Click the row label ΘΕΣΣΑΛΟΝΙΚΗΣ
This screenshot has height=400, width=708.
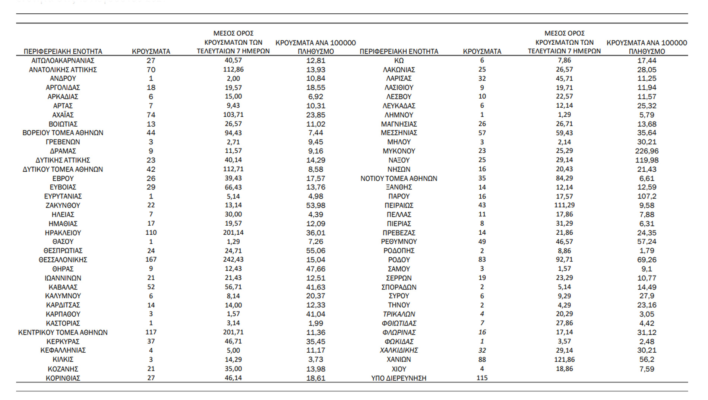[x=63, y=260]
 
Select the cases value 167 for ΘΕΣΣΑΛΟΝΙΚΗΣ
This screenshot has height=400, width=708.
[x=151, y=259]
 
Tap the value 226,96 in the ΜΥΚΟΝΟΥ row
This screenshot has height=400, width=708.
[x=647, y=151]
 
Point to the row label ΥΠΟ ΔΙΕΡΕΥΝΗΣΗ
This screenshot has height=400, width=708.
[x=399, y=378]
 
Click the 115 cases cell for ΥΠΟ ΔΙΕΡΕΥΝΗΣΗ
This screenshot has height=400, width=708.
[x=482, y=378]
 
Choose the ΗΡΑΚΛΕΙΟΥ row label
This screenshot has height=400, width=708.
[x=63, y=233]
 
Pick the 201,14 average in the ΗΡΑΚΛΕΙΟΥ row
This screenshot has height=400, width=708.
[x=233, y=232]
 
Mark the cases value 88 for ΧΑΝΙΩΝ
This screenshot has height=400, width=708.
[x=482, y=359]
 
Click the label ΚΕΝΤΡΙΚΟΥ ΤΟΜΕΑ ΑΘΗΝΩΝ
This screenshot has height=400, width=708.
[x=63, y=332]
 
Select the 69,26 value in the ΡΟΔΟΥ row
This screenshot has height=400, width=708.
[x=647, y=260]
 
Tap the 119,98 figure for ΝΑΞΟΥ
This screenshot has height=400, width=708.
[x=647, y=160]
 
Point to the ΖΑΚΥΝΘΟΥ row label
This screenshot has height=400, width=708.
[x=63, y=205]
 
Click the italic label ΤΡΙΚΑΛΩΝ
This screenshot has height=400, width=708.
[x=399, y=314]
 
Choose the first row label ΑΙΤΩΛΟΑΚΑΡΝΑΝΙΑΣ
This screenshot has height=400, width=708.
[x=63, y=60]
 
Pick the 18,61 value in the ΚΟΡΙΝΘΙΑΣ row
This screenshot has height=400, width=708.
[x=316, y=378]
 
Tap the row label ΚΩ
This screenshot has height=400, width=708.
[x=399, y=60]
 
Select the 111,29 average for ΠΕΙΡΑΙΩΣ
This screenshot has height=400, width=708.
[x=564, y=205]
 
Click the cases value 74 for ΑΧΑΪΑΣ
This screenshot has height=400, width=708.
[x=151, y=115]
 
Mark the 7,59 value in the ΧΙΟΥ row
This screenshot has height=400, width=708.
[x=647, y=369]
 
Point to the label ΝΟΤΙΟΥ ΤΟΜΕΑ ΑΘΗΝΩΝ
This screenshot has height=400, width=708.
[x=399, y=178]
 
